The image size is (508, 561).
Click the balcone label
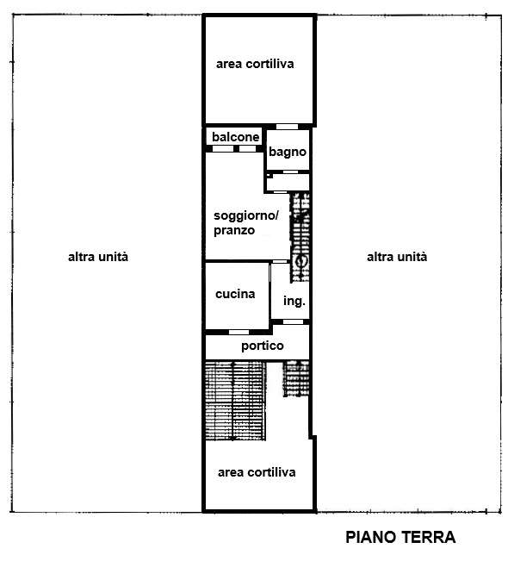pos(236,137)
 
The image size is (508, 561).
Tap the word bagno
pos(288,152)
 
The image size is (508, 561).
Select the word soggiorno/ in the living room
pos(246,215)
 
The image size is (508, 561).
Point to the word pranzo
pos(234,230)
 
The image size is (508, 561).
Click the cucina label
pos(235,294)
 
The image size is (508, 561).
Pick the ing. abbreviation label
pos(294,301)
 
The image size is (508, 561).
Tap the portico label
pos(263,346)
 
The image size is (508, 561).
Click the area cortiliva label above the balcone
pos(255,64)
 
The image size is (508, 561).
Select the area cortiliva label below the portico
pos(257,472)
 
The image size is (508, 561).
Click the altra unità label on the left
pos(98,257)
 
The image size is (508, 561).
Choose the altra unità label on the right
pos(397,257)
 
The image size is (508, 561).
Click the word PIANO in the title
pos(371,537)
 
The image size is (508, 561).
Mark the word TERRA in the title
pos(428,537)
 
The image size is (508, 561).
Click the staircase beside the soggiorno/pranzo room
pos(300,238)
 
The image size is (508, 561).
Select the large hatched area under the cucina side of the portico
pos(236,401)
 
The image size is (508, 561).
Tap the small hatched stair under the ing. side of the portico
pos(296,378)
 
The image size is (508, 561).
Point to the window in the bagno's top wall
pos(287,127)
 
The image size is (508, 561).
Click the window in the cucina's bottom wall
pos(239,333)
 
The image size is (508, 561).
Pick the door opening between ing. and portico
pos(293,322)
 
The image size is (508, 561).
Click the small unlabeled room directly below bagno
pos(288,183)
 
